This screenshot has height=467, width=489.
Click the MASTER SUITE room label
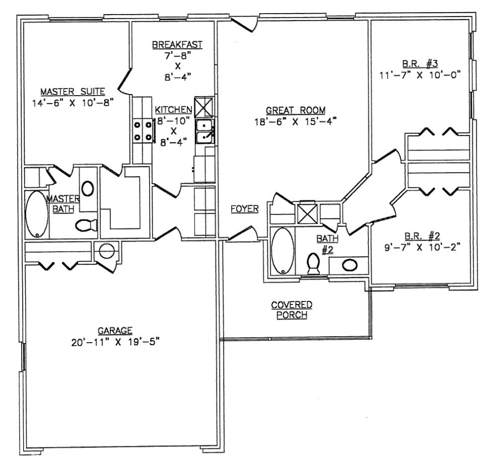pyautogui.click(x=73, y=91)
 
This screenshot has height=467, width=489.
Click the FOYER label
pyautogui.click(x=245, y=208)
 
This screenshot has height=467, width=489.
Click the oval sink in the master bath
pyautogui.click(x=88, y=188)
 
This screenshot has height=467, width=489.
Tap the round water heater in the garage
pyautogui.click(x=107, y=251)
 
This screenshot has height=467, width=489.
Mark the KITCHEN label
pyautogui.click(x=173, y=110)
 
